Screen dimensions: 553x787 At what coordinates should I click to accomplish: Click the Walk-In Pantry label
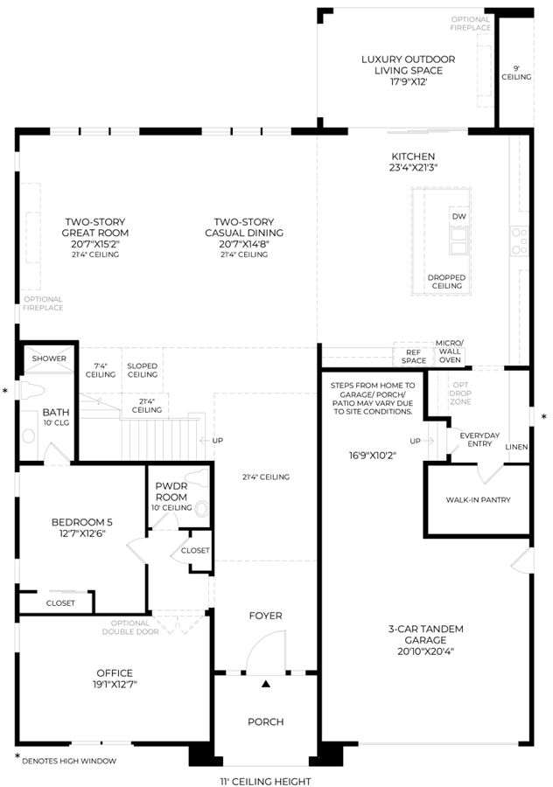tap(478, 500)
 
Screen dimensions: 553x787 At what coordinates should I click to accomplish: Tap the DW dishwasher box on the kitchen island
tap(459, 216)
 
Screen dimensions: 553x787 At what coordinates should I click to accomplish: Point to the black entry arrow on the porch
tap(266, 683)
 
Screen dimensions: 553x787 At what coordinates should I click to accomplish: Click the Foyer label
tap(266, 616)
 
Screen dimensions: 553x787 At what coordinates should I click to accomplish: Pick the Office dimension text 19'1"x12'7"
tap(115, 684)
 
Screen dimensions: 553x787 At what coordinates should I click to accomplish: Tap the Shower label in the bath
tap(49, 359)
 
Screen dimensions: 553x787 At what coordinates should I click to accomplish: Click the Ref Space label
tap(414, 357)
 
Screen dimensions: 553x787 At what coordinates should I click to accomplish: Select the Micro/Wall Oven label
tap(450, 352)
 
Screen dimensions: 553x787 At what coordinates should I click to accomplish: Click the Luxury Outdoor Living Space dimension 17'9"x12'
tap(409, 82)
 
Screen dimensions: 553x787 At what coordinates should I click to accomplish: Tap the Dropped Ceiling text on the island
tap(446, 282)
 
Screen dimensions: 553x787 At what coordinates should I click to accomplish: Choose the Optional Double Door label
tap(130, 627)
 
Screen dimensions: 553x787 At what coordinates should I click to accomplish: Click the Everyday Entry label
tap(479, 440)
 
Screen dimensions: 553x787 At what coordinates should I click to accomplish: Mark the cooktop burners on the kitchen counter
tap(520, 241)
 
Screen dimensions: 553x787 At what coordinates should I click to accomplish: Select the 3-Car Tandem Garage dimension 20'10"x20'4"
tap(425, 651)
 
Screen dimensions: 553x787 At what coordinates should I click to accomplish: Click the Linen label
tap(517, 447)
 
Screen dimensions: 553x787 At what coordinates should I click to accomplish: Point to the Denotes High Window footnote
tap(69, 761)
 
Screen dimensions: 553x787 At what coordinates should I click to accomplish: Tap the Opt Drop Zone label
tap(460, 393)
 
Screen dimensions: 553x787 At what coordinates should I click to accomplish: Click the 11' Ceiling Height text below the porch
tap(266, 781)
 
